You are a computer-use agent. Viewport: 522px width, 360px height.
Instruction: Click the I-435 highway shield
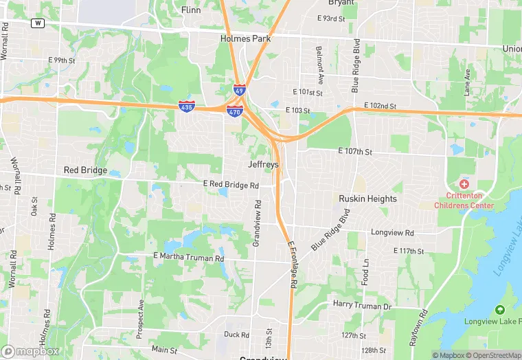(186, 106)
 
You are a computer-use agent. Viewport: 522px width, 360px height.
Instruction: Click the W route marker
(38, 23)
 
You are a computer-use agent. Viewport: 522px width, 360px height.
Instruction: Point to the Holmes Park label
(245, 38)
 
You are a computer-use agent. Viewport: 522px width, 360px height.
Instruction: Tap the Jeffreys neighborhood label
(264, 165)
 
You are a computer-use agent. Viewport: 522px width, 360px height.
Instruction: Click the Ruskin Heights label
(367, 199)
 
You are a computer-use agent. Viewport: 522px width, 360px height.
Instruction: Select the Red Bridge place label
(85, 170)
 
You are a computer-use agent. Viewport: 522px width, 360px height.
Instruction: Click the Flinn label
(191, 10)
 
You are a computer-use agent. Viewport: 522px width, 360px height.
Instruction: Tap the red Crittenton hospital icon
(464, 184)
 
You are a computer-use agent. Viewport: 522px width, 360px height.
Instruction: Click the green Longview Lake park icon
(499, 310)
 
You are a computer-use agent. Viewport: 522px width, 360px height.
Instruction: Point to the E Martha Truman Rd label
(189, 258)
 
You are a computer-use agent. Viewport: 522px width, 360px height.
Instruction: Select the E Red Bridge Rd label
(231, 185)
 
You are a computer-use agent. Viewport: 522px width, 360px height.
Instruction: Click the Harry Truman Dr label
(362, 304)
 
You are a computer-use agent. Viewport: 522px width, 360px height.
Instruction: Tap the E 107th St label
(354, 151)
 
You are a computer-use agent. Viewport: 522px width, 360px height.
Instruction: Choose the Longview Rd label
(392, 233)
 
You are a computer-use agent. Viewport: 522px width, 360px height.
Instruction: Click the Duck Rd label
(236, 335)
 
